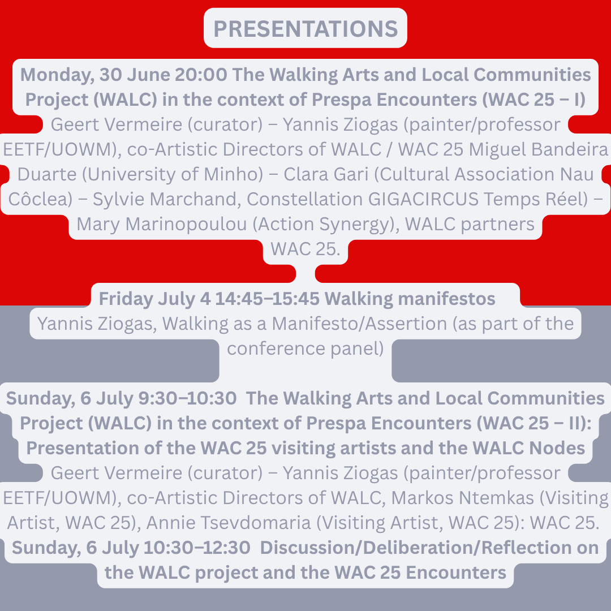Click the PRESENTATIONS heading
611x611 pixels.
coord(305,28)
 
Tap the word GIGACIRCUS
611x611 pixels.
coord(423,199)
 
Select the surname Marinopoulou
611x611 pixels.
coord(186,224)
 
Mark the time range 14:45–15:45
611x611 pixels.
coord(267,299)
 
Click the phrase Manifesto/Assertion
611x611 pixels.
coord(359,324)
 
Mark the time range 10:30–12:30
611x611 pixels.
coord(197,548)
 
